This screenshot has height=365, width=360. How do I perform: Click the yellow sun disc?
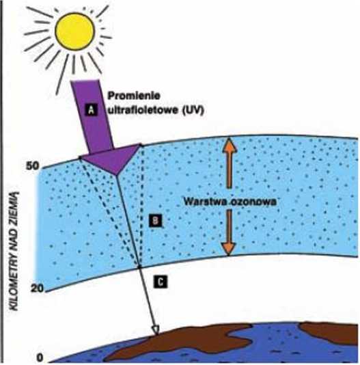(x=75, y=31)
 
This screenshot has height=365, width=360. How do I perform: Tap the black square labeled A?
(x=92, y=109)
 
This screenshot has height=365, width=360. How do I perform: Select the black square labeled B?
(x=155, y=220)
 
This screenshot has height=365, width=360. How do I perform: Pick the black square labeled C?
(x=161, y=282)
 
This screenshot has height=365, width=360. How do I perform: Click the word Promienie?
(x=134, y=96)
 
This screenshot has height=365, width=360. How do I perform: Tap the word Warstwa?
(x=206, y=202)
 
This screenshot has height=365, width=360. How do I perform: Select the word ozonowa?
(x=253, y=202)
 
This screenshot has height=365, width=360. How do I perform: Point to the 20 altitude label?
(x=37, y=288)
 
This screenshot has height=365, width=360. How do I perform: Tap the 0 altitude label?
(x=40, y=357)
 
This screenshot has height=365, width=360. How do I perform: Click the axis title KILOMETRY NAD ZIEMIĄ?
(x=15, y=250)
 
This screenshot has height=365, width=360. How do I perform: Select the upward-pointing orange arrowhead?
(x=230, y=146)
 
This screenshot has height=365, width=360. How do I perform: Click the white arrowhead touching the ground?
(x=156, y=331)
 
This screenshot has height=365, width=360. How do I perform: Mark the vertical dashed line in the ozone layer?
(x=141, y=206)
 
